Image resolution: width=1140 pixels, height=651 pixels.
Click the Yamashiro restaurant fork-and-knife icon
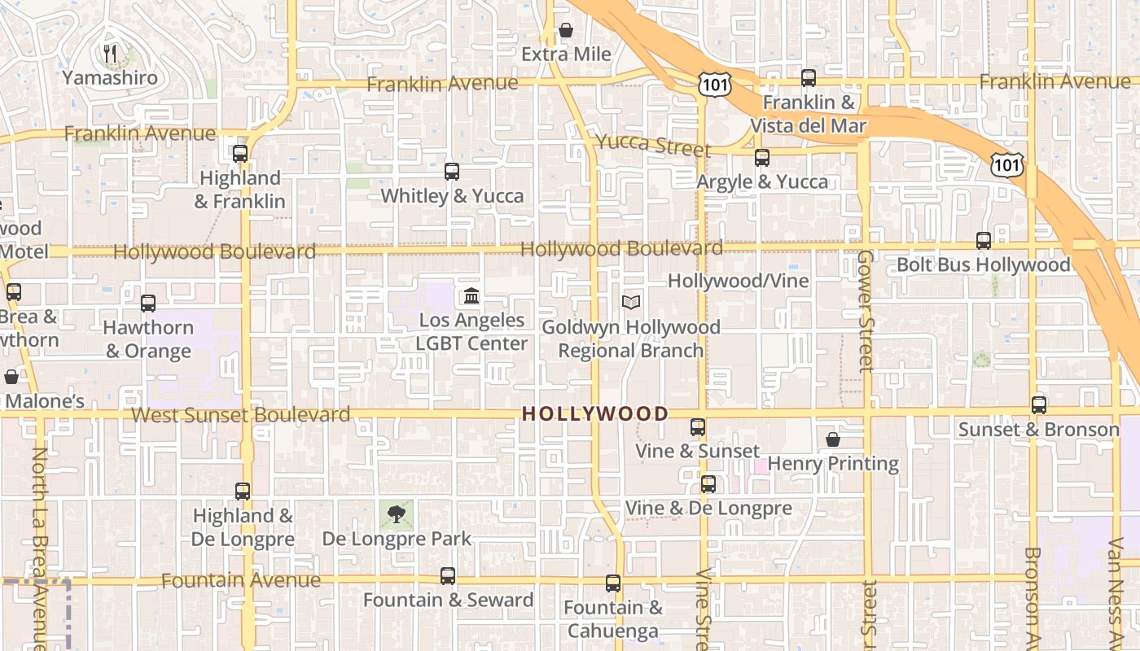(111, 54)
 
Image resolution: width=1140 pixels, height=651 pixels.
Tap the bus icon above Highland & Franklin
(239, 153)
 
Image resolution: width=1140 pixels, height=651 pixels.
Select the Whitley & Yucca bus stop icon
(452, 172)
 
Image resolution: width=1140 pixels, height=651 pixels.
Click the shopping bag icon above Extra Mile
(566, 30)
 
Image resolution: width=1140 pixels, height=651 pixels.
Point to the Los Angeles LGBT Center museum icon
(471, 295)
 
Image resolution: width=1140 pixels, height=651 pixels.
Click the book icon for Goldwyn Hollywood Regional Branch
(631, 302)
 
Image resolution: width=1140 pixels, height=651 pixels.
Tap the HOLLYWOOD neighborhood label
(594, 413)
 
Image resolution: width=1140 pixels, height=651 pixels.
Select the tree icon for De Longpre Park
(397, 513)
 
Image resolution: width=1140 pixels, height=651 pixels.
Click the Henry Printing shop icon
(833, 439)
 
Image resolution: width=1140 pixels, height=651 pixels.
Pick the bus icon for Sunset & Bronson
(1039, 404)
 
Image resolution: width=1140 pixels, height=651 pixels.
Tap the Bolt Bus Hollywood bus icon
(984, 241)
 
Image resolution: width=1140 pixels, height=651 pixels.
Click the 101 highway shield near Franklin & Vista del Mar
(714, 83)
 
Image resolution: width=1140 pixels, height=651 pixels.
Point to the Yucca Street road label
(653, 145)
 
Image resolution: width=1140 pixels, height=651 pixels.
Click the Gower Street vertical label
(865, 311)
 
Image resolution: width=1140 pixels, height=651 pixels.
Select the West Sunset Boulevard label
(240, 415)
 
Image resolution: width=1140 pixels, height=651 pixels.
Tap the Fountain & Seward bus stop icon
(448, 576)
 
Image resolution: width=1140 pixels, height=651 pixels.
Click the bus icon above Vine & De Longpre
(708, 484)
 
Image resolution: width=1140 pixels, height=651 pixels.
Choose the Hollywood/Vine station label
(739, 281)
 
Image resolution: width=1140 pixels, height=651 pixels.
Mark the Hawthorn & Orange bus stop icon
(148, 304)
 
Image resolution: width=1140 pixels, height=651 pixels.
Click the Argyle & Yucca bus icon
(762, 158)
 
